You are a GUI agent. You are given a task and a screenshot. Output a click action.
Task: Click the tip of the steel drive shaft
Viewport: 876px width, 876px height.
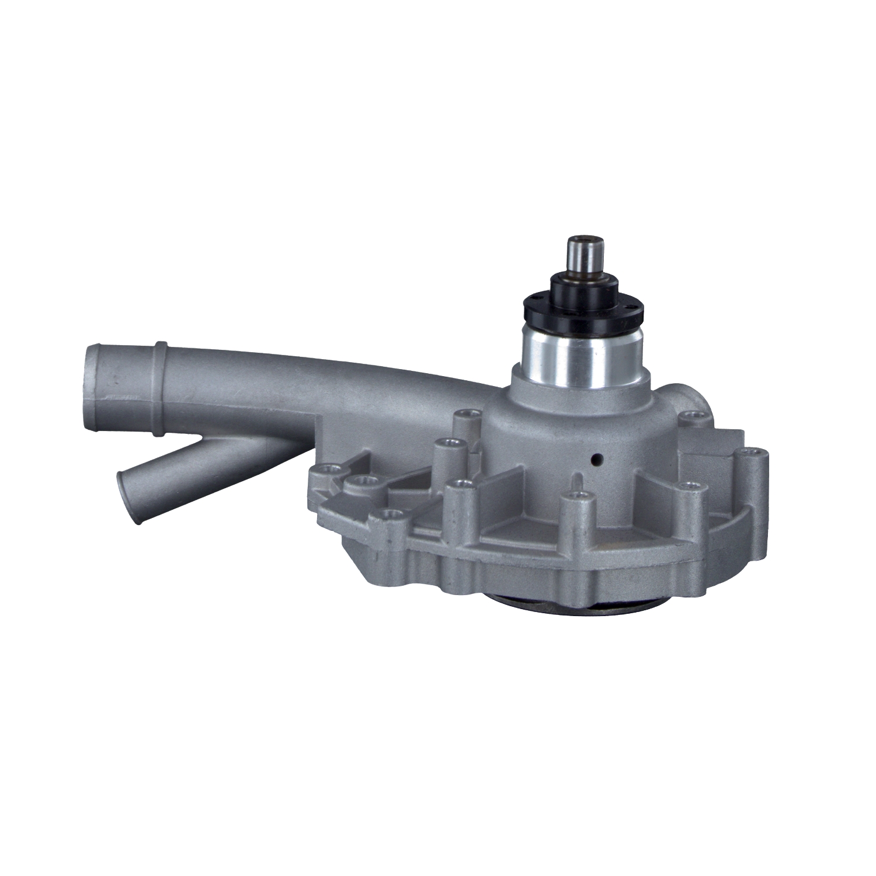tap(581, 242)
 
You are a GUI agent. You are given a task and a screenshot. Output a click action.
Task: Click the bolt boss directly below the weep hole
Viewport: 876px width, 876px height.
tap(576, 497)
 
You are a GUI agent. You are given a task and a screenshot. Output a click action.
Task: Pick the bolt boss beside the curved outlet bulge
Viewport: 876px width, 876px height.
tap(694, 416)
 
